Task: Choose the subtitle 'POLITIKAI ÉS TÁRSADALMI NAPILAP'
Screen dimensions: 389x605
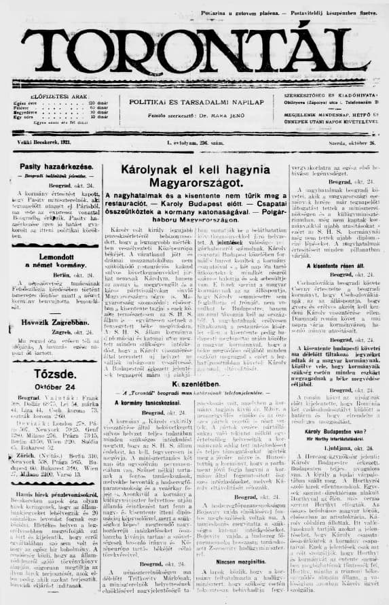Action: [194, 100]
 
